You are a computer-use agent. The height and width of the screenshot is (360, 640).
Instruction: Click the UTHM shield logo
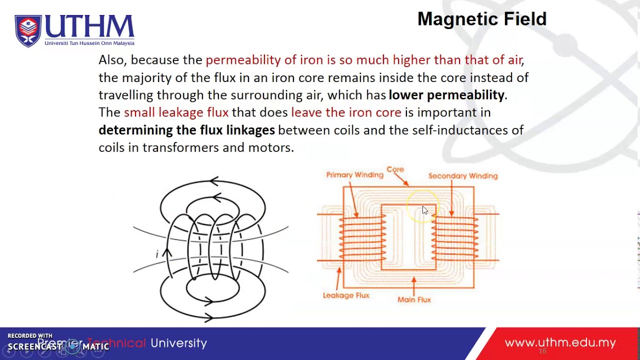[x=28, y=30]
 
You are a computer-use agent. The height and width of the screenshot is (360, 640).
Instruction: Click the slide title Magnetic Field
[x=481, y=19]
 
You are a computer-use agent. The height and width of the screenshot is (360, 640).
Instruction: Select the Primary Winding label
[x=354, y=175]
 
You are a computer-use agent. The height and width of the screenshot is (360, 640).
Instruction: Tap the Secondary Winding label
[x=462, y=176]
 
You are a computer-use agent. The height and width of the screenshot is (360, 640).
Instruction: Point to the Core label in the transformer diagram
[x=395, y=169]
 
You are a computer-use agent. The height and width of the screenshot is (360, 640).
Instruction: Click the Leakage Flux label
[x=346, y=295]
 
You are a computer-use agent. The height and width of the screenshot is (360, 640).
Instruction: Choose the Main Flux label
[x=414, y=299]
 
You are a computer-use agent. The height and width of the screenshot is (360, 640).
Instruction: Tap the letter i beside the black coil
[x=157, y=254]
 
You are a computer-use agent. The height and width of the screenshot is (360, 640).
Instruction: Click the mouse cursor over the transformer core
[x=424, y=210]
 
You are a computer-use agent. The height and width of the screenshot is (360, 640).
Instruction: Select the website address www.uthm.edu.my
[x=560, y=343]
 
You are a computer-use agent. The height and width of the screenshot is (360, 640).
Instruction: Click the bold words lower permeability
[x=446, y=95]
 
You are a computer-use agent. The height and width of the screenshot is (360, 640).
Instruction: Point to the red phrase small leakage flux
[x=176, y=112]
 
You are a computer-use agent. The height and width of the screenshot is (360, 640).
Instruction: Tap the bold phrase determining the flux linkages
[x=186, y=130]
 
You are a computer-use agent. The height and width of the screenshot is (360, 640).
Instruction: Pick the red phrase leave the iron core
[x=346, y=112]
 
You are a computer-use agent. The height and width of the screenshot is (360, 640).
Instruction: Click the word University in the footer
[x=178, y=343]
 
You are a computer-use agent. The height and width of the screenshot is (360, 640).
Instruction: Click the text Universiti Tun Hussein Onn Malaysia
[x=89, y=43]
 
